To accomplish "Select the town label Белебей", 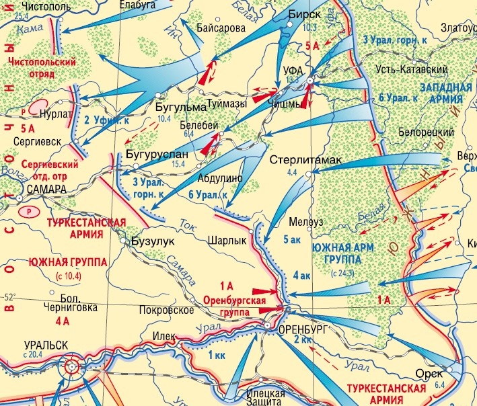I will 196,125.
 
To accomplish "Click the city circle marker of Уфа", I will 310,81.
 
